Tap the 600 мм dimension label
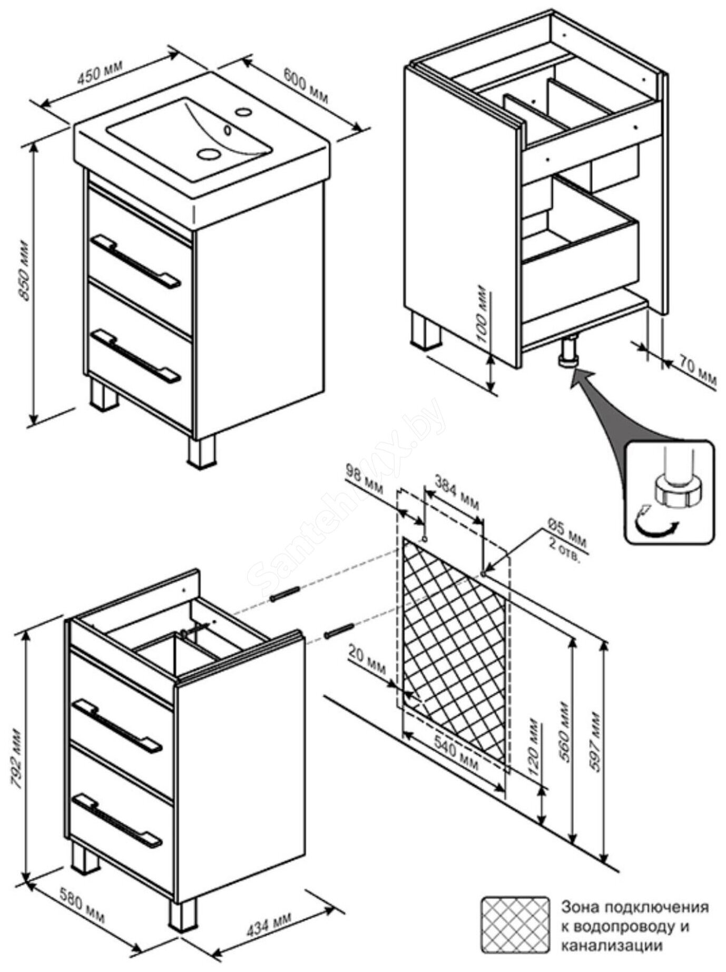point(306,85)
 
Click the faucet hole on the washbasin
point(243,112)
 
